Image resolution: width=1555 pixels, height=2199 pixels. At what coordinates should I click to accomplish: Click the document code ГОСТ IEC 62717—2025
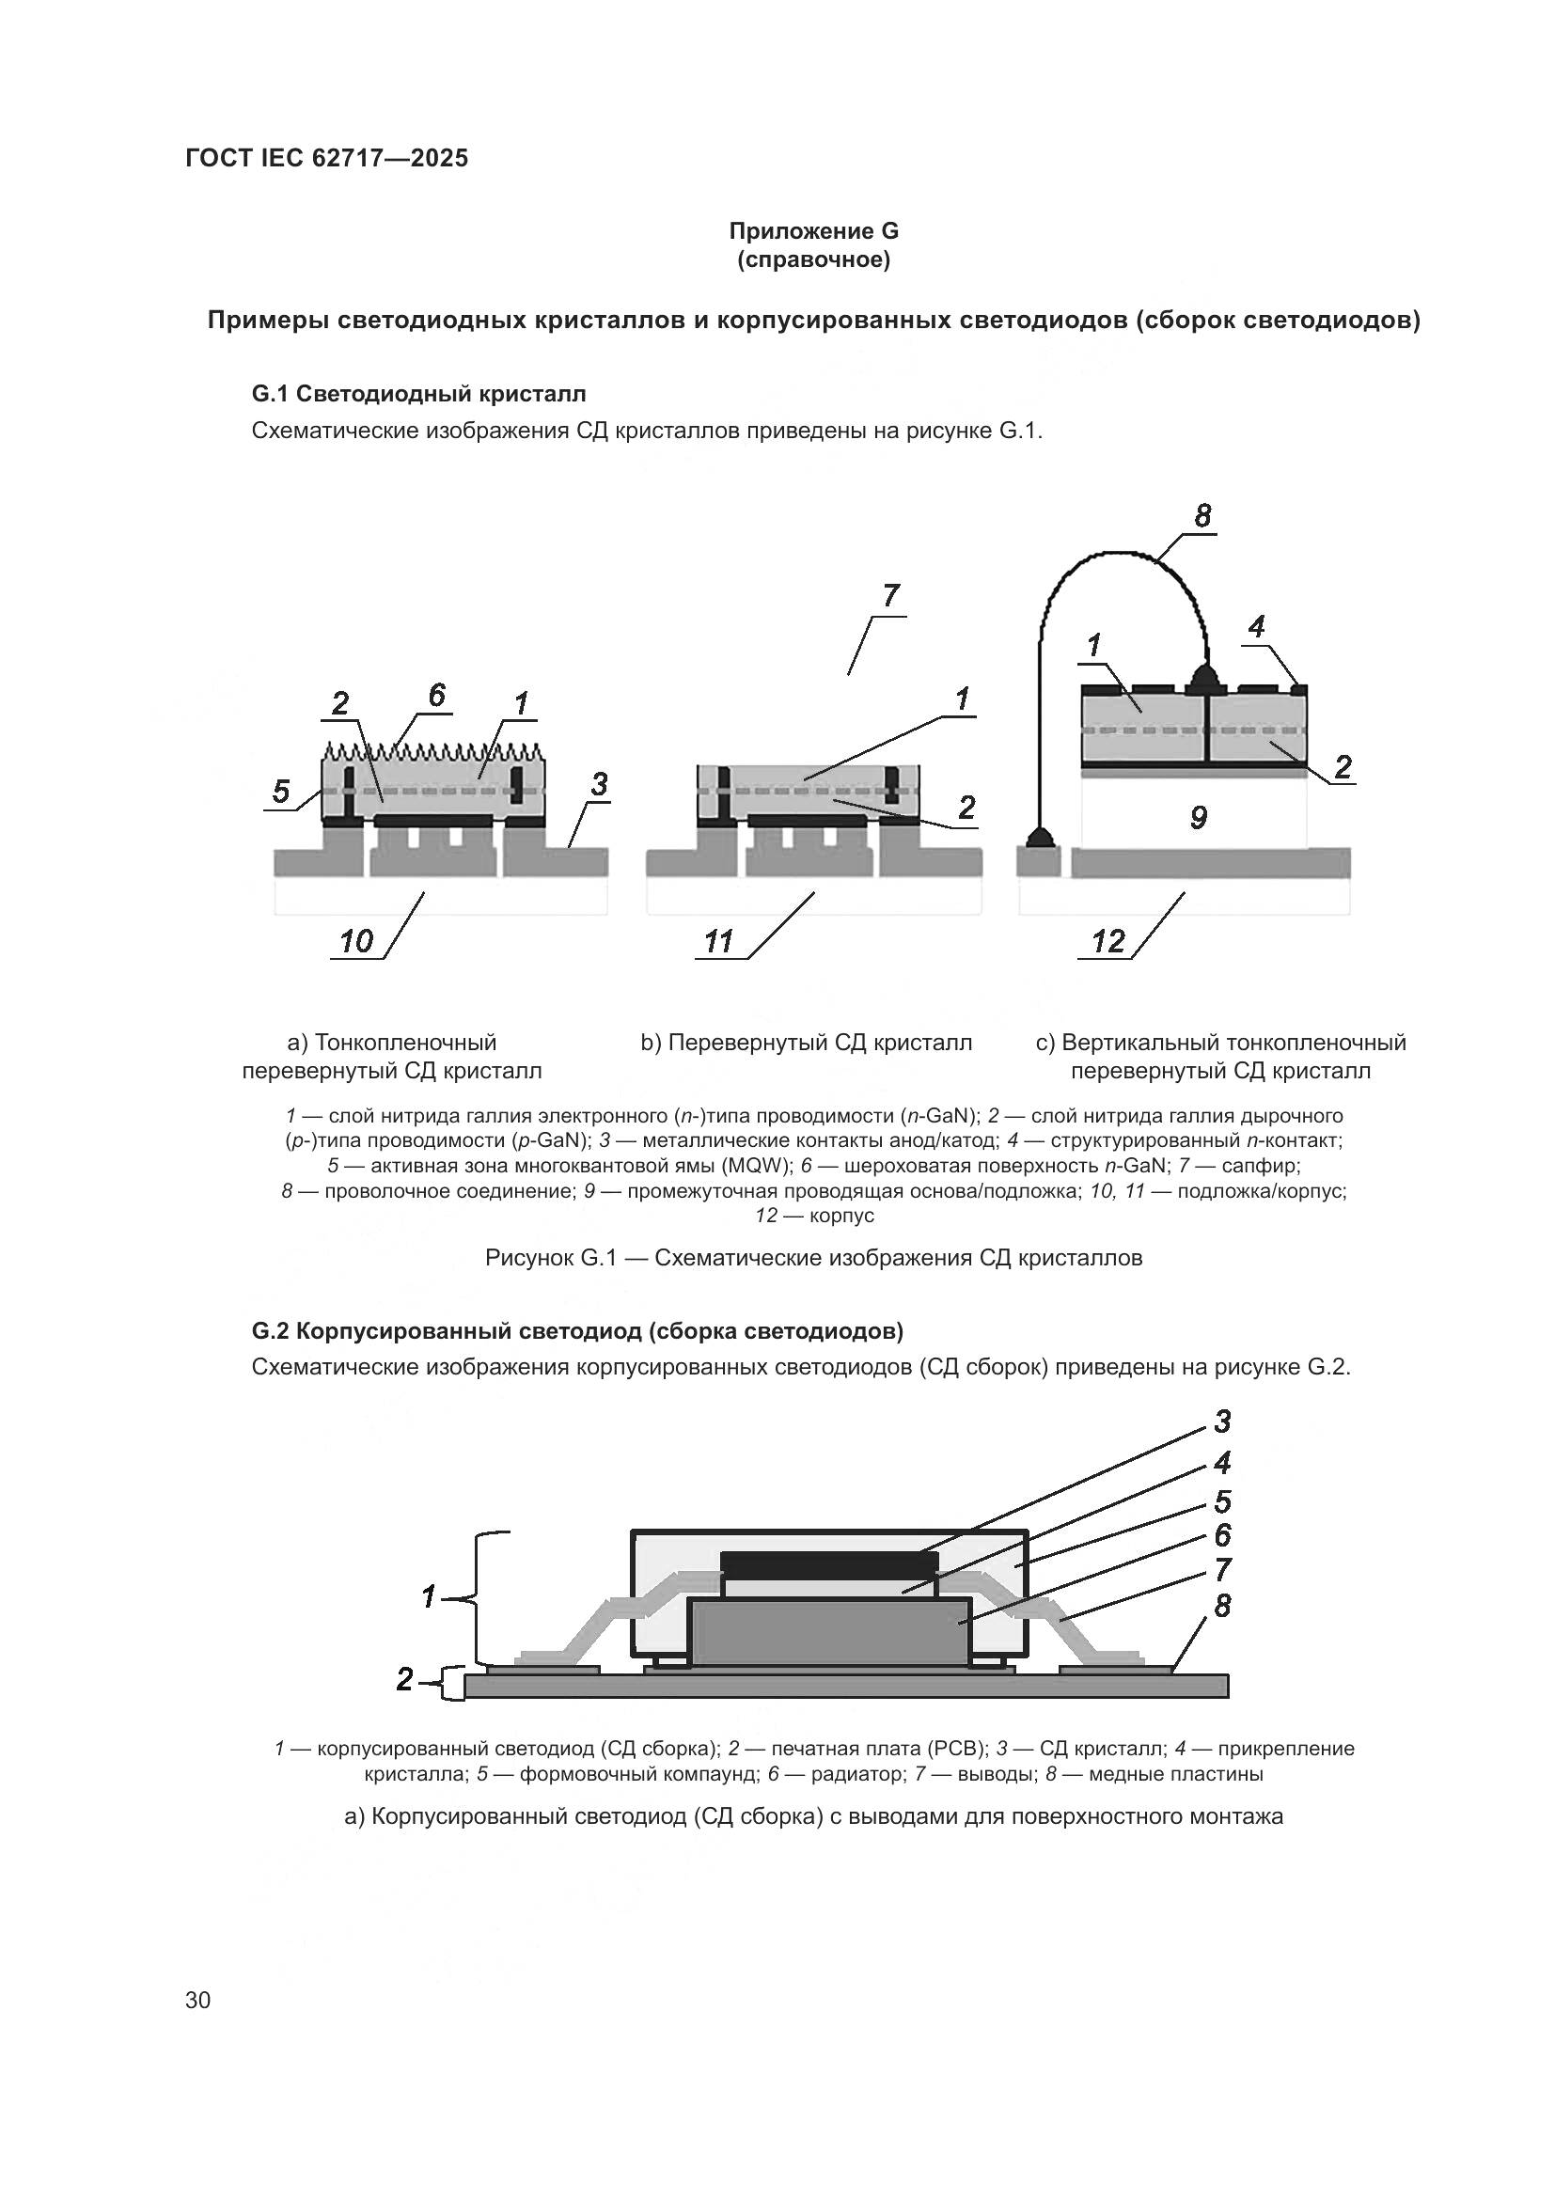coord(326,158)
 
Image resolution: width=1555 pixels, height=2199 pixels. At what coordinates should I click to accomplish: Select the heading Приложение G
coord(813,231)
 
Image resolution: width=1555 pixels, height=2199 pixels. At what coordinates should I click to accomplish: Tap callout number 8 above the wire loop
coord(1202,516)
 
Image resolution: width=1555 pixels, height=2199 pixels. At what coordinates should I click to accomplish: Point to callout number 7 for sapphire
coord(890,596)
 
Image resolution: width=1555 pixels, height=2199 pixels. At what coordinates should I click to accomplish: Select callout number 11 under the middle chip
coord(718,941)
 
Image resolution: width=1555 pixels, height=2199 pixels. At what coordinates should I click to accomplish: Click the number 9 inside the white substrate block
coord(1198,817)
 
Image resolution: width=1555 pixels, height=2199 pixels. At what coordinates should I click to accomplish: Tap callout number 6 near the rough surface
coord(436,695)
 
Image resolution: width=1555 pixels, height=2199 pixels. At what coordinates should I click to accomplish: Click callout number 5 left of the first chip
coord(280,791)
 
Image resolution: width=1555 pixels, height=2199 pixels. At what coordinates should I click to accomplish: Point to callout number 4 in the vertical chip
coord(1256,626)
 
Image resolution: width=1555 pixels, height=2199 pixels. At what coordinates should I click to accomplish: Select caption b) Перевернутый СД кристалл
coord(807,1042)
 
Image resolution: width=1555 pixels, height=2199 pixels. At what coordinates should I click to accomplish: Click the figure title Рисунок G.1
coord(813,1258)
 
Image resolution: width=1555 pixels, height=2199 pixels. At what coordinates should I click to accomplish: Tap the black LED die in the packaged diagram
coord(829,1564)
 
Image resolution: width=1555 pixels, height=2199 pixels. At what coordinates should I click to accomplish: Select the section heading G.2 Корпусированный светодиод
coord(577,1330)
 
